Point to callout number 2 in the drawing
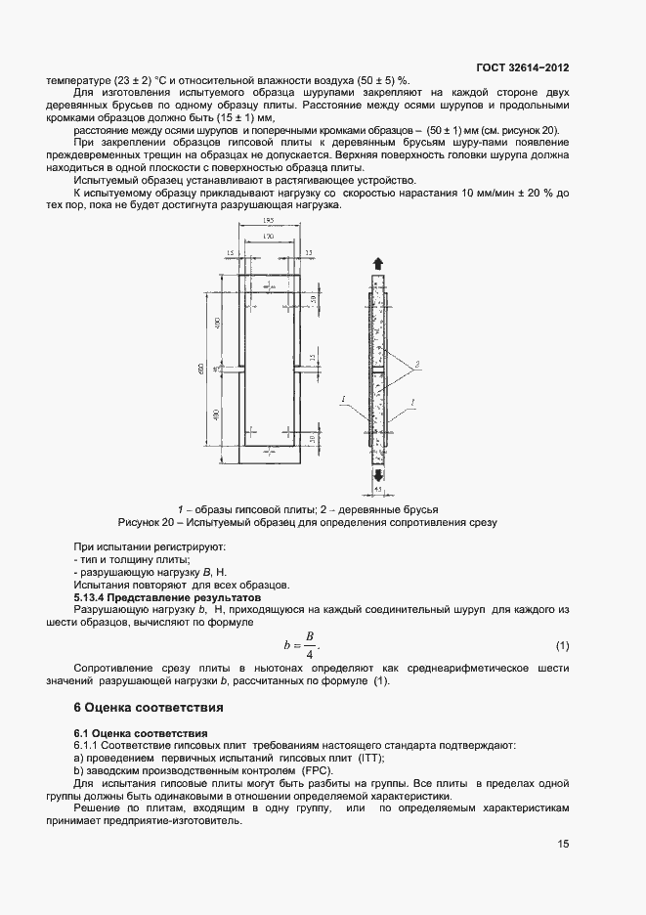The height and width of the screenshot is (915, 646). [x=417, y=363]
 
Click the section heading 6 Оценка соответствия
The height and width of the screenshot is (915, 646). [x=150, y=707]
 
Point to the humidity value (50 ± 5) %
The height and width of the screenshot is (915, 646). [x=381, y=80]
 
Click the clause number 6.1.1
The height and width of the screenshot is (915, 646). [x=90, y=745]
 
